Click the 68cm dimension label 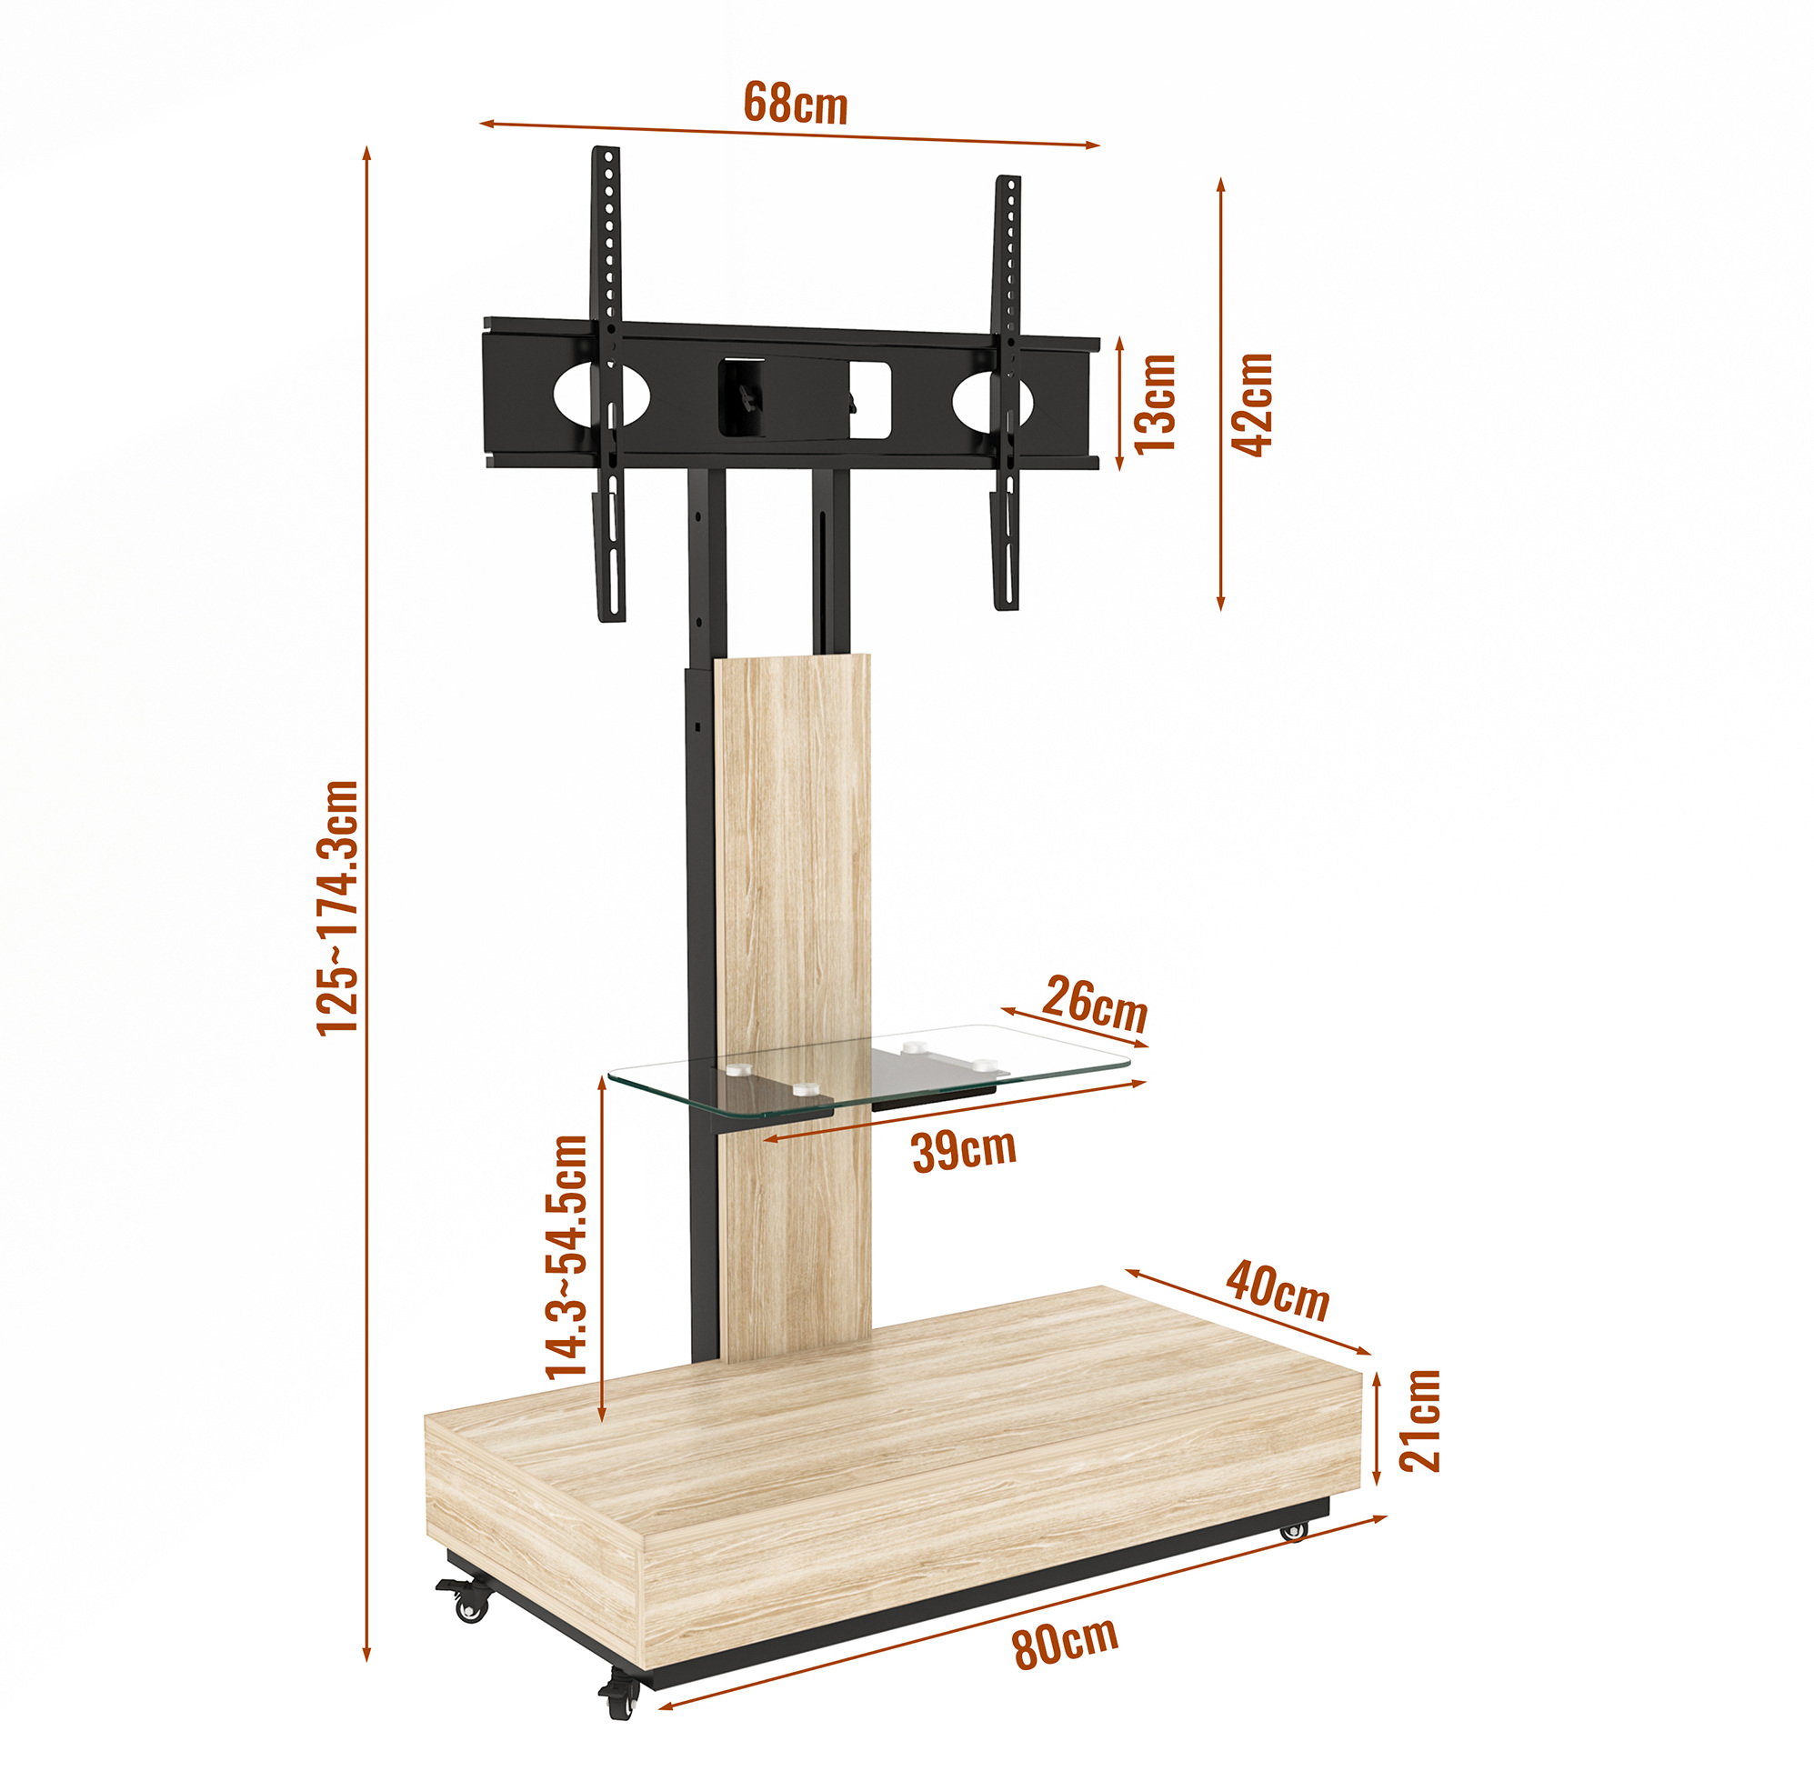(796, 103)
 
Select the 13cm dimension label (1155, 405)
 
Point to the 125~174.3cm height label (338, 906)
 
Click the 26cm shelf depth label (1095, 1005)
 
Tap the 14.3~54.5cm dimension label (566, 1256)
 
